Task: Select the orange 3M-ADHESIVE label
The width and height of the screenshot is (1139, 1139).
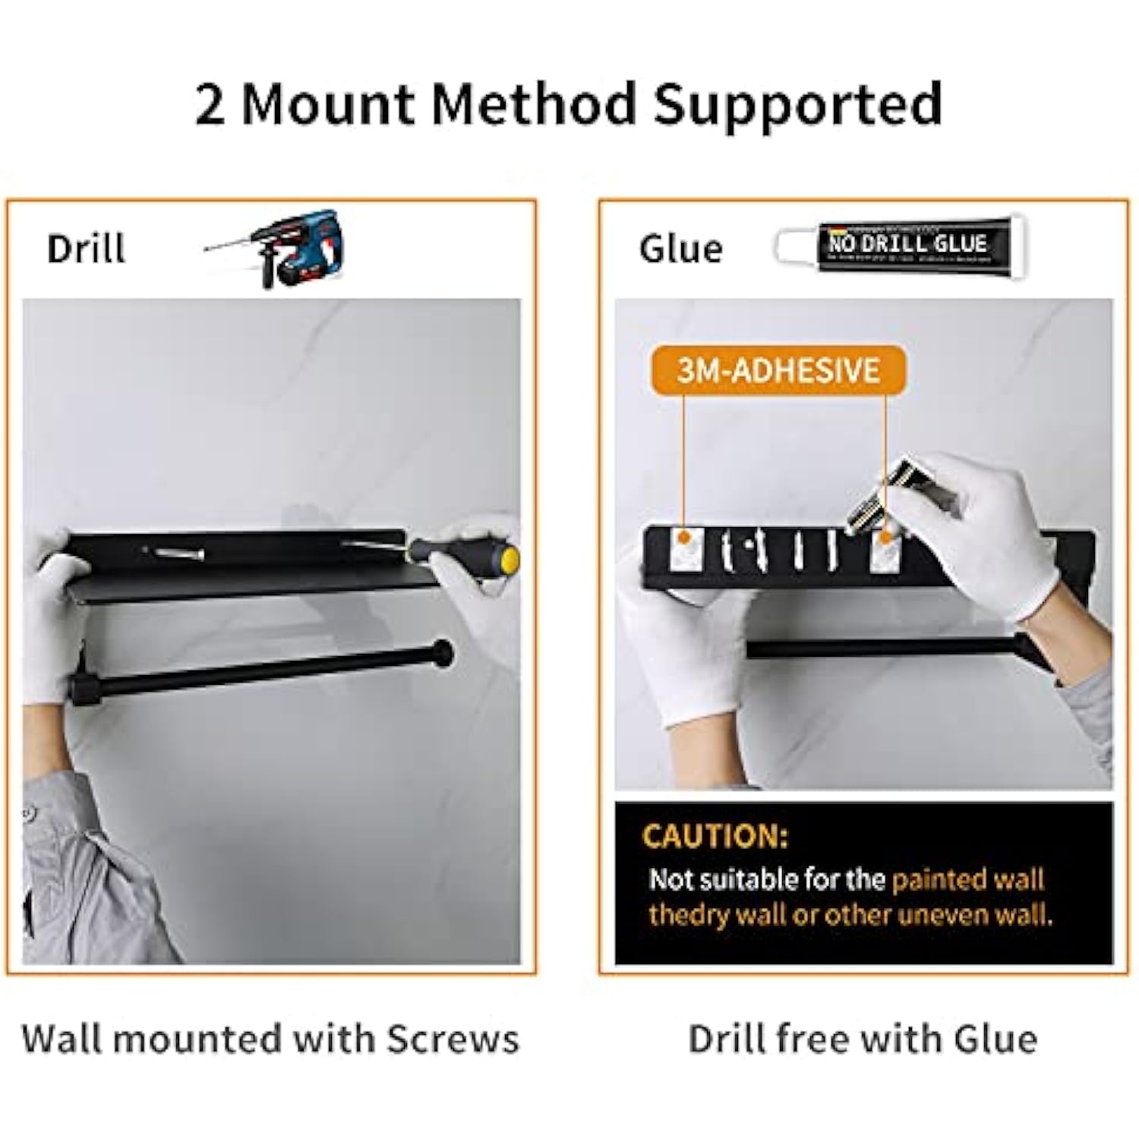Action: click(778, 371)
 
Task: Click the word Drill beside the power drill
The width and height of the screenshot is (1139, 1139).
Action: click(86, 249)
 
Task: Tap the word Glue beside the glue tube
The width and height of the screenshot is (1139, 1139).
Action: click(680, 249)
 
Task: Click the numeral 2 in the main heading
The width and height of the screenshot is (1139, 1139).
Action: click(210, 105)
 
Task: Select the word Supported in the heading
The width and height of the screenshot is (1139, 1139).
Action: click(798, 105)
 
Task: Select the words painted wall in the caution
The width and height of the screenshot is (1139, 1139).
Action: click(968, 879)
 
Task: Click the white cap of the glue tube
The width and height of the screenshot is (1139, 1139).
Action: click(794, 245)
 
